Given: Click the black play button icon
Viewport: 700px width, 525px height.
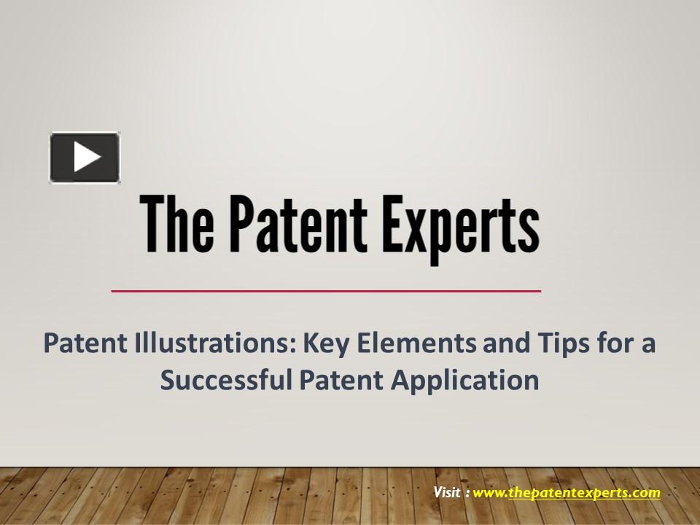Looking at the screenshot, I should pyautogui.click(x=85, y=157).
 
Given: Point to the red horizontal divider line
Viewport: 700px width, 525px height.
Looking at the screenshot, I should pyautogui.click(x=326, y=291).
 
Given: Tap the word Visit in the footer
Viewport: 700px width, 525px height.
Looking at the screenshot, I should pyautogui.click(x=447, y=492).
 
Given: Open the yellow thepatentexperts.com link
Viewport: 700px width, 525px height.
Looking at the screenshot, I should pyautogui.click(x=584, y=493).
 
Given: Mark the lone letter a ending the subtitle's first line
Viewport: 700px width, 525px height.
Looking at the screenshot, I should pyautogui.click(x=648, y=343).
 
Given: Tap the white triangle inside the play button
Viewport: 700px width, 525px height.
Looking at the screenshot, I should pyautogui.click(x=86, y=157).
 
